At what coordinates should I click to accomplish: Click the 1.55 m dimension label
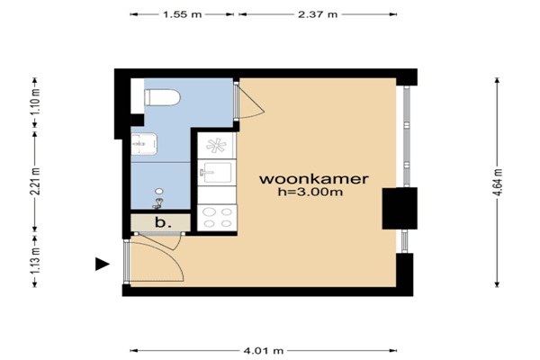tap(182, 14)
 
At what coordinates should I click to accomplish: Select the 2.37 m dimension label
tap(318, 14)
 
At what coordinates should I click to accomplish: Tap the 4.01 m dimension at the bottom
tap(264, 351)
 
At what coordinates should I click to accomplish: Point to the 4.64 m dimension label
tap(498, 182)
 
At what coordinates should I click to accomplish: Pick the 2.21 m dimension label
tap(35, 181)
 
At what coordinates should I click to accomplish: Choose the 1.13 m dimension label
tap(35, 260)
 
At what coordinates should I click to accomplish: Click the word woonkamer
tap(314, 179)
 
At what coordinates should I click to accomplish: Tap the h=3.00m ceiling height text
tap(310, 192)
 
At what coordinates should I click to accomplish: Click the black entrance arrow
tap(102, 265)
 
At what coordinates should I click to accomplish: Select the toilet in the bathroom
tap(162, 97)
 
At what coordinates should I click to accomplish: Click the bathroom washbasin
tap(144, 144)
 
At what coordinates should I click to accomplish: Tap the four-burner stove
tap(217, 218)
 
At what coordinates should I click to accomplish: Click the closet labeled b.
tap(160, 222)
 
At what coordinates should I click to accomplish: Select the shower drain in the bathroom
tap(159, 191)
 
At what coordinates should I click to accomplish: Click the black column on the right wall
tap(400, 209)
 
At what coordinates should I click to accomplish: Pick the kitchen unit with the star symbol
tap(217, 146)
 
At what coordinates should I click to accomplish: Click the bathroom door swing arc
tap(251, 102)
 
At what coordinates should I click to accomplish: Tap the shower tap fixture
tap(157, 203)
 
